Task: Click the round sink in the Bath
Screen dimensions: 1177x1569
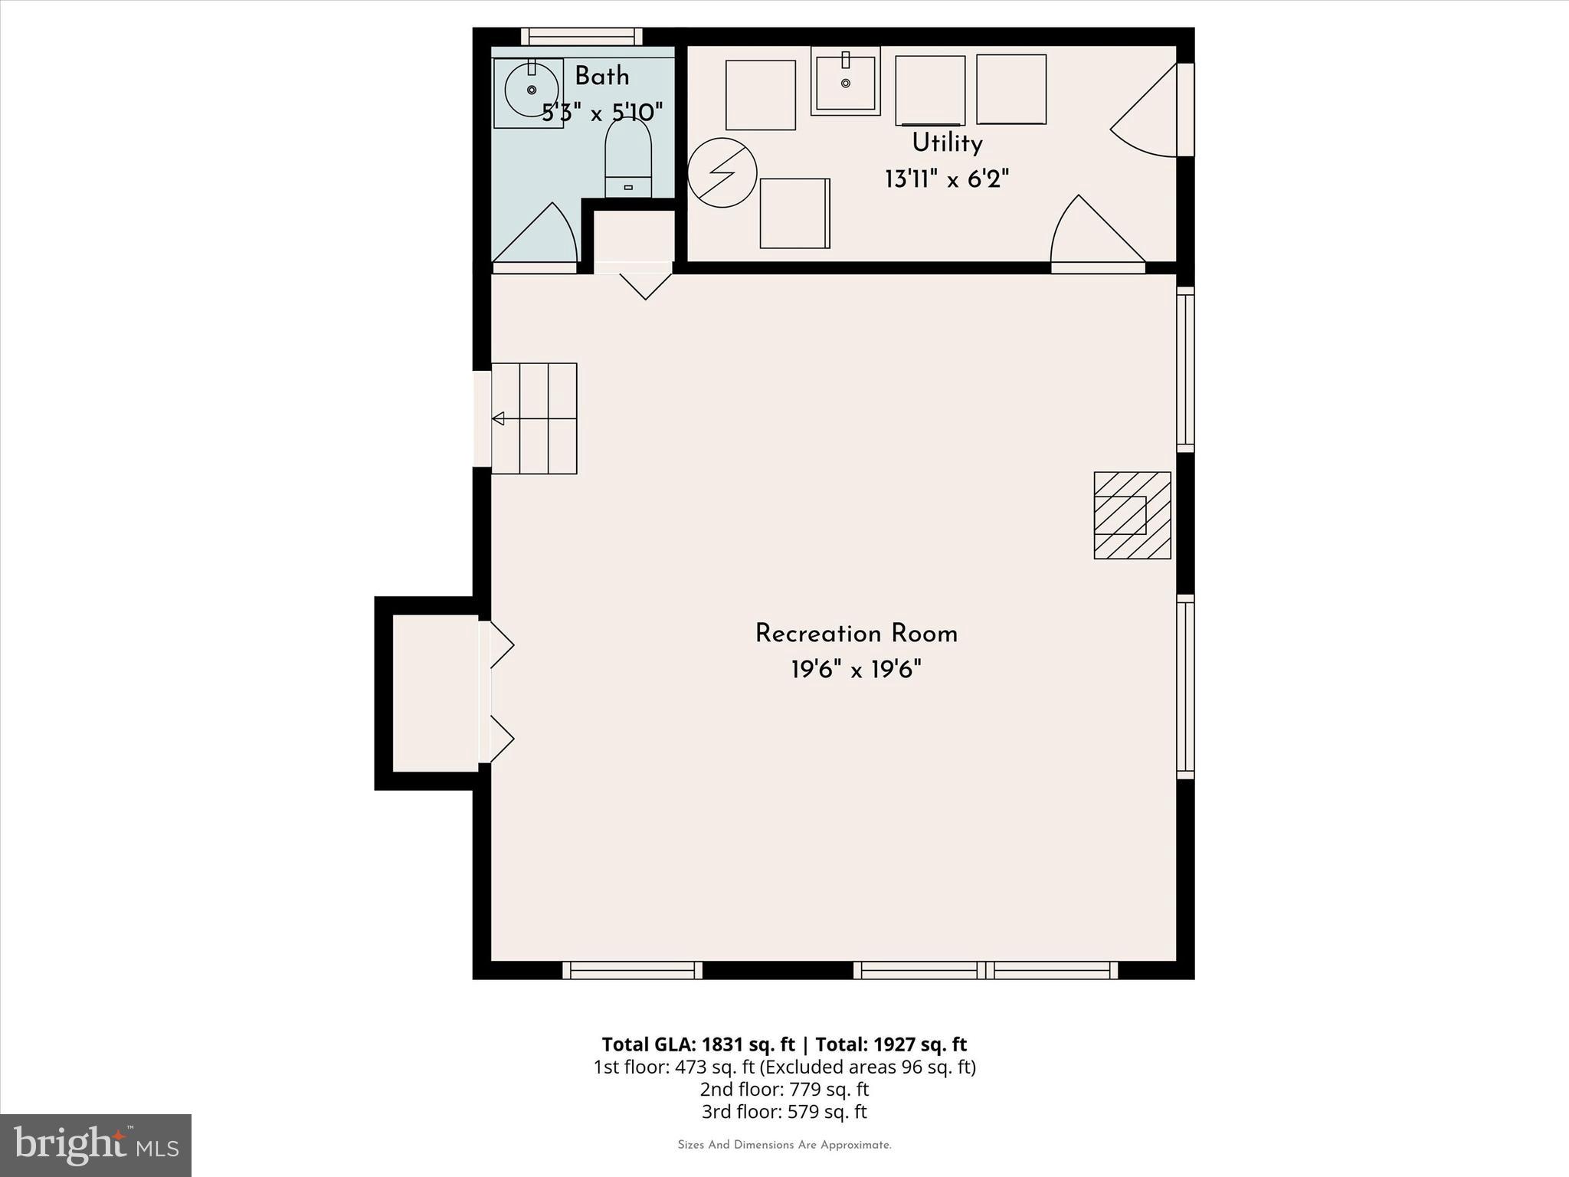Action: tap(531, 90)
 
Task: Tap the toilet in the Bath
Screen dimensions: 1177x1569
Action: tap(628, 158)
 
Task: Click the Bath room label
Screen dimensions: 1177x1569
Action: tap(602, 77)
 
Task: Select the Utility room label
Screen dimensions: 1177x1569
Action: tap(947, 143)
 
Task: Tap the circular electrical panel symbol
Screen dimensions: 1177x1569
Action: tap(722, 172)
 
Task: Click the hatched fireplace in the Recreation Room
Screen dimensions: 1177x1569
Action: tap(1132, 515)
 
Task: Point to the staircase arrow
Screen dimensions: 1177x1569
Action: tap(499, 418)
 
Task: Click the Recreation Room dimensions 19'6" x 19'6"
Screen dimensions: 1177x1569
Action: tap(856, 670)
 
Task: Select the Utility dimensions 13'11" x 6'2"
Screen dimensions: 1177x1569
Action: tap(947, 180)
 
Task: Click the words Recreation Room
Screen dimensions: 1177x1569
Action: tap(856, 634)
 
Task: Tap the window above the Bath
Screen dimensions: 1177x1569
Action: tap(581, 36)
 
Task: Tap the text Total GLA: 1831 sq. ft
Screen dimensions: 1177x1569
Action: tap(698, 1044)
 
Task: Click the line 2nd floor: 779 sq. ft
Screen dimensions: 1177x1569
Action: tap(784, 1089)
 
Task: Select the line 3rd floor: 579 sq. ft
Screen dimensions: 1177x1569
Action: tap(784, 1111)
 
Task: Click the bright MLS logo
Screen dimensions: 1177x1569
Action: tap(96, 1145)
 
